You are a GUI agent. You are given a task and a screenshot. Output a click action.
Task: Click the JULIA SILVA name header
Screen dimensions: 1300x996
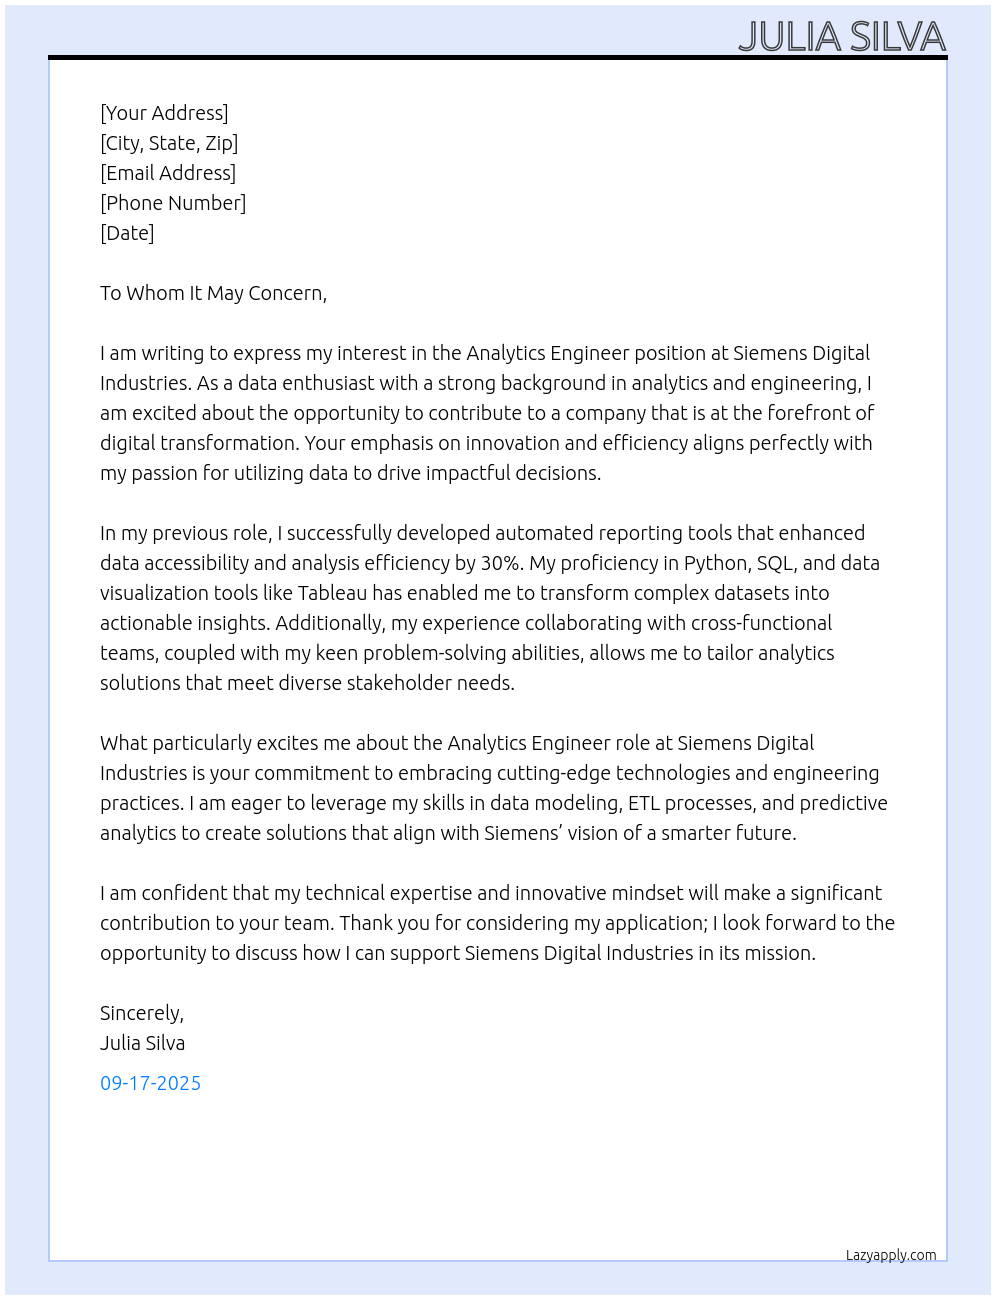(x=841, y=37)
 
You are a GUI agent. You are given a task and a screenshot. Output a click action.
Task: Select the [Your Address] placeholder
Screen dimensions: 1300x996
(x=164, y=113)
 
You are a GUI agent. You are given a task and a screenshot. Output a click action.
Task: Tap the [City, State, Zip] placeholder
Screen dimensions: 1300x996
(x=169, y=143)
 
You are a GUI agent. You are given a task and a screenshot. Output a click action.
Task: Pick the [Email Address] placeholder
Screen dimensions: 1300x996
(x=168, y=173)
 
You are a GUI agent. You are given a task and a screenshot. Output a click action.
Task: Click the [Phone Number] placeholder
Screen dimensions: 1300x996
(x=173, y=203)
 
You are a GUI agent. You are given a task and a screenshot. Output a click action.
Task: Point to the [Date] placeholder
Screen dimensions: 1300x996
(x=127, y=233)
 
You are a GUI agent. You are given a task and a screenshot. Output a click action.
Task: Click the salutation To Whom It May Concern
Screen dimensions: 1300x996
(x=213, y=293)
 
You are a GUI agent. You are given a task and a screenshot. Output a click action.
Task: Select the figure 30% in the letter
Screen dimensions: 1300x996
(x=502, y=563)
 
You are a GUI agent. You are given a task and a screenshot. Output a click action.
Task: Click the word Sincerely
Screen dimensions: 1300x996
(x=141, y=1013)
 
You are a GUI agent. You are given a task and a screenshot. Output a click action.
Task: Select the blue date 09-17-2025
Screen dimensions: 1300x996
(x=150, y=1083)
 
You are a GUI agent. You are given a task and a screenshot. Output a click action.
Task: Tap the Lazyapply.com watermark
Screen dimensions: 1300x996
(x=891, y=1255)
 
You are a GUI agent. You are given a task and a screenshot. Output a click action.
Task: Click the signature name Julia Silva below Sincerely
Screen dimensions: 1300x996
(x=142, y=1043)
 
